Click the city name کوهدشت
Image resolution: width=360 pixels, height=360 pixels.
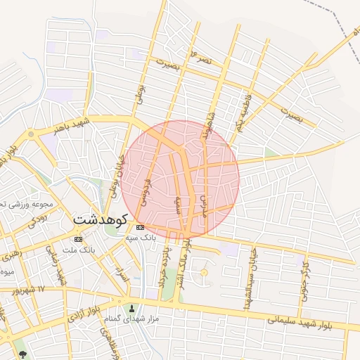click(99, 219)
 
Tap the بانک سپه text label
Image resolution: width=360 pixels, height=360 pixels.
click(140, 238)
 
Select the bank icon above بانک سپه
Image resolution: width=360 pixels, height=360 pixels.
click(140, 227)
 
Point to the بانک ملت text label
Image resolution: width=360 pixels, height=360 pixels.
click(78, 250)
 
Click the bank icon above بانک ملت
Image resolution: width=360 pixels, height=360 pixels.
click(78, 239)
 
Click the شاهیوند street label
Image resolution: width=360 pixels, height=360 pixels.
click(209, 121)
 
